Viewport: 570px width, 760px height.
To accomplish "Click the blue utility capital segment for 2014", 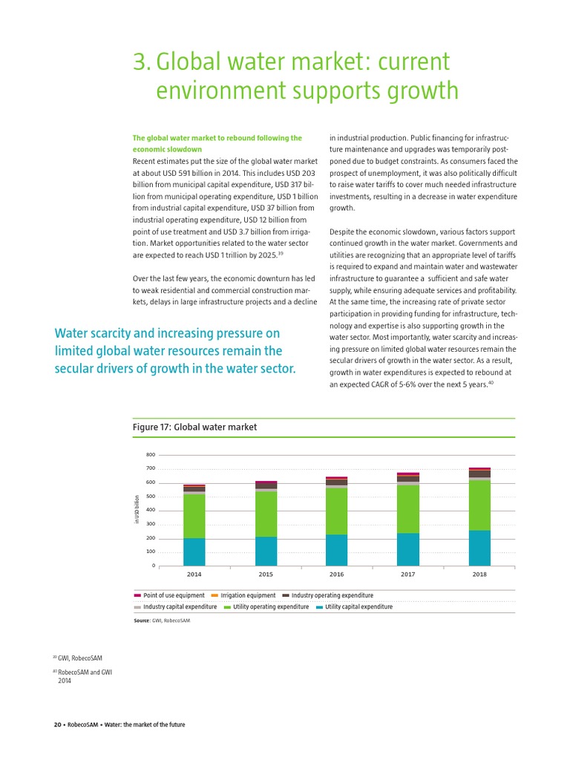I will (194, 552).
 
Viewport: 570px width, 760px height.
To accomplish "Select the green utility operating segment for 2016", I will (337, 511).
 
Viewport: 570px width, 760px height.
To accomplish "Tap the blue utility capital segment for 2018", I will (479, 548).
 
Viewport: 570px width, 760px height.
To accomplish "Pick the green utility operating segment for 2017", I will (408, 508).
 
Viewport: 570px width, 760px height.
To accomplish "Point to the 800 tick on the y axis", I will (151, 455).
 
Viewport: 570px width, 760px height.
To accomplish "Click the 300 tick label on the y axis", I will (151, 524).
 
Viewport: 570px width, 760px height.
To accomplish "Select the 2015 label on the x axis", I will (266, 574).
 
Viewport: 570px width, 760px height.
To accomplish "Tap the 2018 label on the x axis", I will (479, 574).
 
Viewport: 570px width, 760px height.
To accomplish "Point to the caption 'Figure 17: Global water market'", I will (194, 427).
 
